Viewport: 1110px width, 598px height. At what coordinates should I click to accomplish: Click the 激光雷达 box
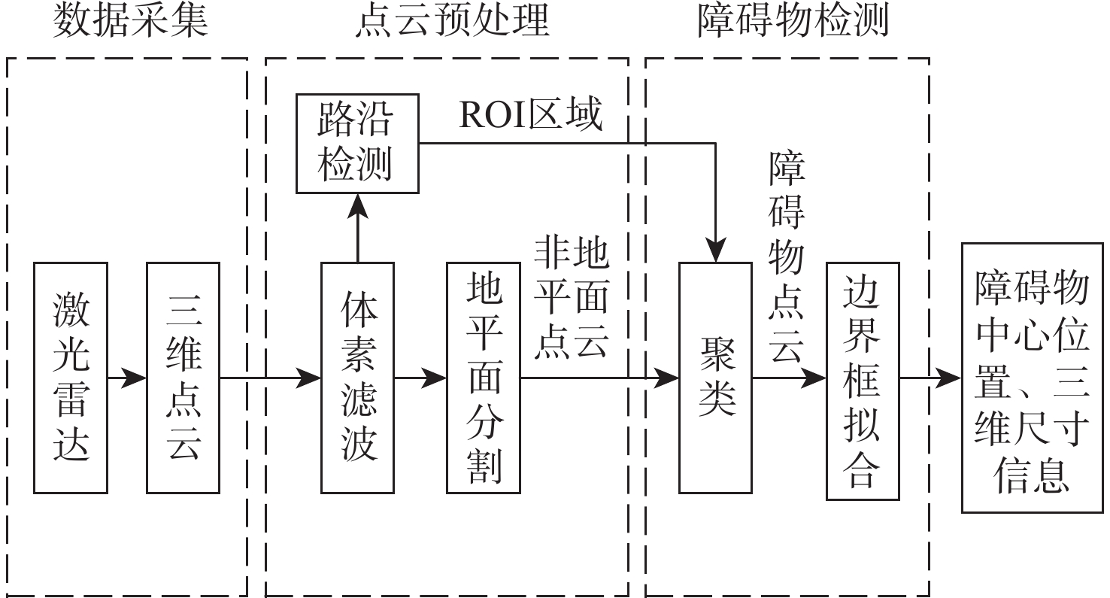click(x=71, y=378)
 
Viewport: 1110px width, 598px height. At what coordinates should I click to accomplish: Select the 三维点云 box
click(x=183, y=378)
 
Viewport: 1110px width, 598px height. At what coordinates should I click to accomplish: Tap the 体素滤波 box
click(x=357, y=378)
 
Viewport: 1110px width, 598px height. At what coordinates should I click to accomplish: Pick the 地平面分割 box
click(x=483, y=378)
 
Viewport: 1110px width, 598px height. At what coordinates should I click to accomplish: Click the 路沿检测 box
click(x=357, y=143)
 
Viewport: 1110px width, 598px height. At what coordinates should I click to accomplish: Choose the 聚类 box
click(x=715, y=378)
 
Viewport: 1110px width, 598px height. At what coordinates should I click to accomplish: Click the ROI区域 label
click(x=531, y=116)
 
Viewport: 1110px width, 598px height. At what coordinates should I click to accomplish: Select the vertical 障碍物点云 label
click(x=787, y=260)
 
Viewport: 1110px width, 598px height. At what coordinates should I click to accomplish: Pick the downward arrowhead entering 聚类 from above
click(x=715, y=251)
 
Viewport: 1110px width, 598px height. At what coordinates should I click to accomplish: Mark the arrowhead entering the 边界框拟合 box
click(x=815, y=378)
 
